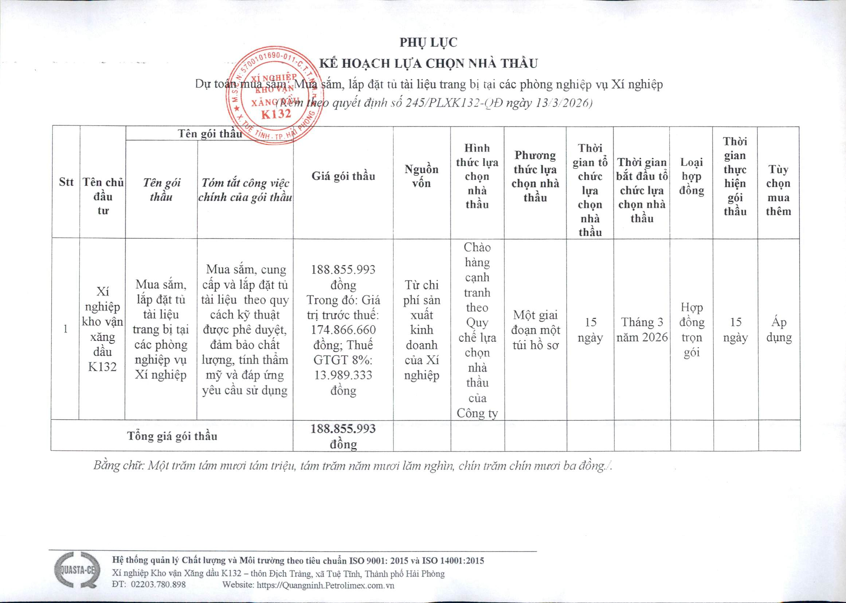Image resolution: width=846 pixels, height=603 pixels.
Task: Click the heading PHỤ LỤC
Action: pos(428,43)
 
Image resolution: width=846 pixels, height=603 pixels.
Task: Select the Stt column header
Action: pos(66,182)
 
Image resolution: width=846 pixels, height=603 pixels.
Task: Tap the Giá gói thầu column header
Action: pos(343,176)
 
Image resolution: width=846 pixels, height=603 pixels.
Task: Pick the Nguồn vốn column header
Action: pos(421,176)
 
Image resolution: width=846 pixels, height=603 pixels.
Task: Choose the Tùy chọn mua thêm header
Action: pos(778,190)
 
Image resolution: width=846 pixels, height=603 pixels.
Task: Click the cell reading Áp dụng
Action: pos(778,329)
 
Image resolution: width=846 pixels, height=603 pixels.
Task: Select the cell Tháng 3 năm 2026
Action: pos(642,329)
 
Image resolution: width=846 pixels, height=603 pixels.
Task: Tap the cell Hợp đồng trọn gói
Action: pos(692,329)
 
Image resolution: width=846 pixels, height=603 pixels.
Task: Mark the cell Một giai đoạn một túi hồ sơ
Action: pos(535,330)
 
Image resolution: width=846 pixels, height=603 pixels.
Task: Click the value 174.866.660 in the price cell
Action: pos(343,329)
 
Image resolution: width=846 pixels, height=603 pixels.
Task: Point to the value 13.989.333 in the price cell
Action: pos(343,375)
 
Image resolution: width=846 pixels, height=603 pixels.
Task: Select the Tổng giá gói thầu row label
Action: pos(172,435)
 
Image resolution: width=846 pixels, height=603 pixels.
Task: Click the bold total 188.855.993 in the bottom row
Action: pos(343,429)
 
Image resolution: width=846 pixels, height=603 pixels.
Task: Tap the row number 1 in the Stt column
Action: pos(65,329)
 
